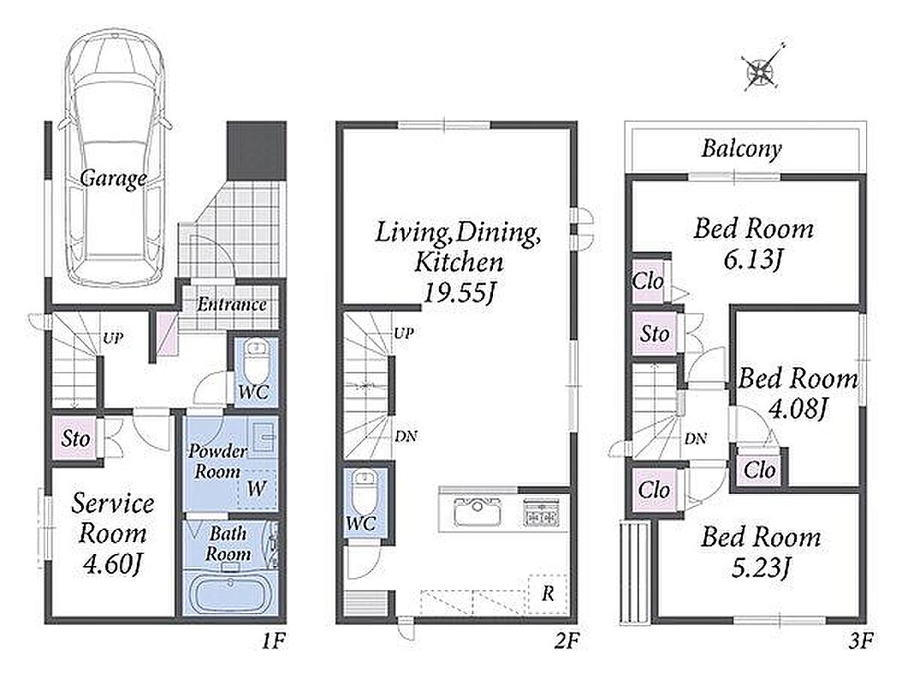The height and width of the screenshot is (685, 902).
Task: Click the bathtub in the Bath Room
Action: point(230,596)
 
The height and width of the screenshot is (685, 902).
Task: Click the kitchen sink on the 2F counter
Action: point(478,512)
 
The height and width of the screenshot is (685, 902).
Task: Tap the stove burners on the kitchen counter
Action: point(541,512)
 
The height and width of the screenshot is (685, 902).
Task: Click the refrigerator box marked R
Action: point(548,593)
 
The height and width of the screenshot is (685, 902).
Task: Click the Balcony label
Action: point(741,148)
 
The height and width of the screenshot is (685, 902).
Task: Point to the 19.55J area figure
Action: point(459,293)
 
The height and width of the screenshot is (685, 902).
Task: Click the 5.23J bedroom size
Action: point(760,569)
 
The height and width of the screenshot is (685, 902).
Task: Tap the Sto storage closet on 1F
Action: point(74,438)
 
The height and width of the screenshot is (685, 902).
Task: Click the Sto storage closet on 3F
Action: point(655,333)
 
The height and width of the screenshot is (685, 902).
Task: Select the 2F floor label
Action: point(566,640)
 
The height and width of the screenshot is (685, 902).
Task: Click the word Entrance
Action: point(232,304)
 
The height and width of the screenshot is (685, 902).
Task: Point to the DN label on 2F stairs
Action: point(406,437)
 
